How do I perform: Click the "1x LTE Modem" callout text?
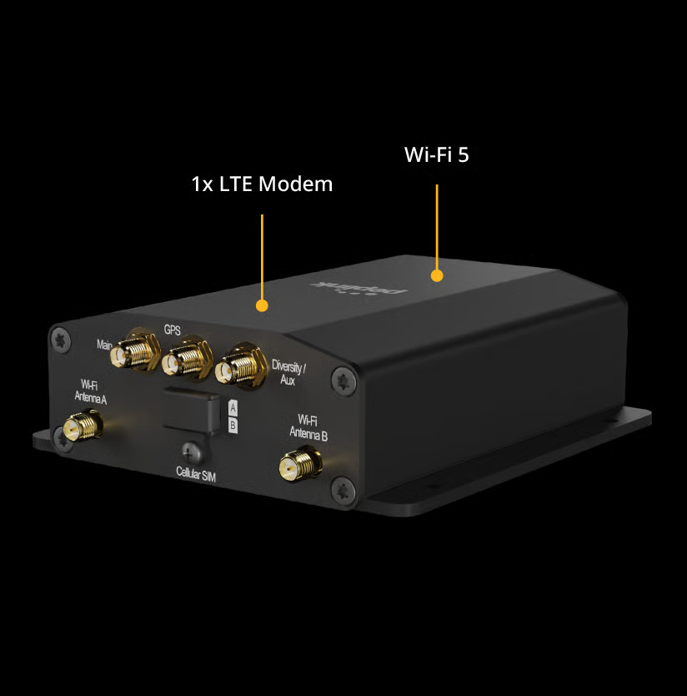tap(262, 184)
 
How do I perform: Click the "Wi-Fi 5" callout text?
tap(436, 154)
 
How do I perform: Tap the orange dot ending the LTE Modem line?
tap(262, 305)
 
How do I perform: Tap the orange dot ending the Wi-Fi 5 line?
tap(436, 275)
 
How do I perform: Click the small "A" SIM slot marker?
tap(233, 408)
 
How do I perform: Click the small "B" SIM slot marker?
tap(233, 426)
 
